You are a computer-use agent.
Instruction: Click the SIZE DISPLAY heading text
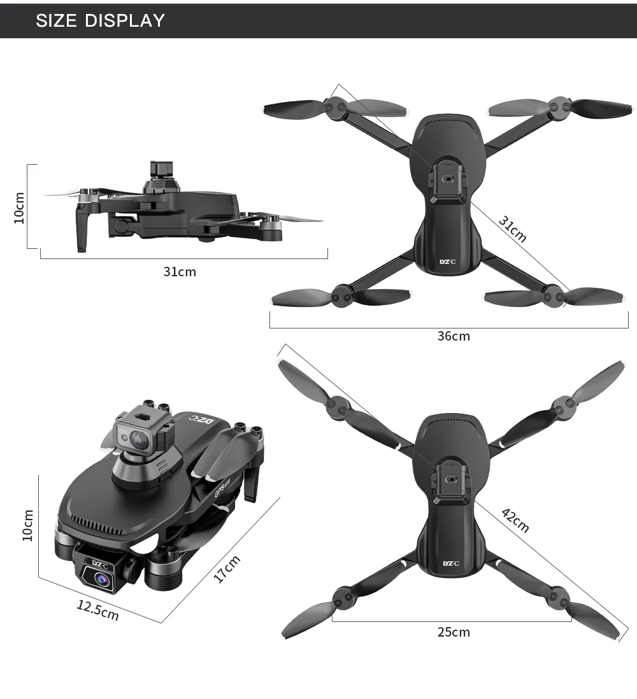(101, 20)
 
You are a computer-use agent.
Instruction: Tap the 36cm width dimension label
(454, 336)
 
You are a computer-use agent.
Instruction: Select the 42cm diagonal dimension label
(516, 520)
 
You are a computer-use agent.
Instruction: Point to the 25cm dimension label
(454, 632)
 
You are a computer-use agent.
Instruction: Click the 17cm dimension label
(227, 569)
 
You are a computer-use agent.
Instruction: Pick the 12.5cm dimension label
(98, 611)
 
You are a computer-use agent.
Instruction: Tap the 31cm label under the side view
(180, 271)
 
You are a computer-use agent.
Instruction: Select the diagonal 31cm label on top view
(513, 229)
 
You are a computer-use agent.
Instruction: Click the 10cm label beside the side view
(19, 208)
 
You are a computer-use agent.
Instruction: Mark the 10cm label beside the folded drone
(27, 525)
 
